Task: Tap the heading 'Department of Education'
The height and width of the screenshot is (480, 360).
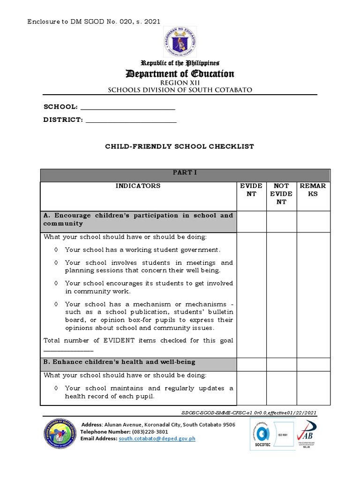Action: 179,74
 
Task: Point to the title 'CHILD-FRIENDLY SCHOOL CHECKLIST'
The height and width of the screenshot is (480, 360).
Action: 179,147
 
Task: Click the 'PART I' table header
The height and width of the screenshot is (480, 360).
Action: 185,173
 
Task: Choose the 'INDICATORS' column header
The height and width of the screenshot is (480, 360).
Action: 138,186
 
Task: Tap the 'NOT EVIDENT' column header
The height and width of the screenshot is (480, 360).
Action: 281,194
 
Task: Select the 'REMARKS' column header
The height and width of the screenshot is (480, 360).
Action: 313,190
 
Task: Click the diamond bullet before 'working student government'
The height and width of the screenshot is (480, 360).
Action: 56,250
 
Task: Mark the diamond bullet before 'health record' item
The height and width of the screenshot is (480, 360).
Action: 56,388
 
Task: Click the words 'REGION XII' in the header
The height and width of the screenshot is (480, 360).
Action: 180,82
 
